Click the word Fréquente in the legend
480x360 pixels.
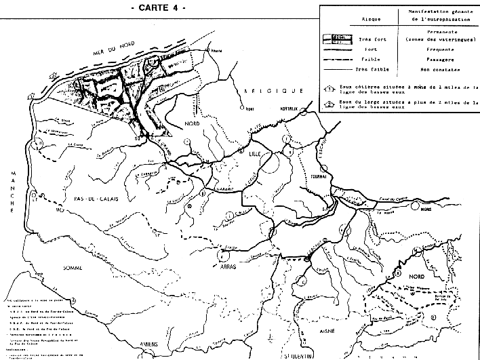pos(431,49)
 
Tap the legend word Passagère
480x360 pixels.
pos(431,59)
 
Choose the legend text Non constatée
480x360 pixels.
pos(431,68)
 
